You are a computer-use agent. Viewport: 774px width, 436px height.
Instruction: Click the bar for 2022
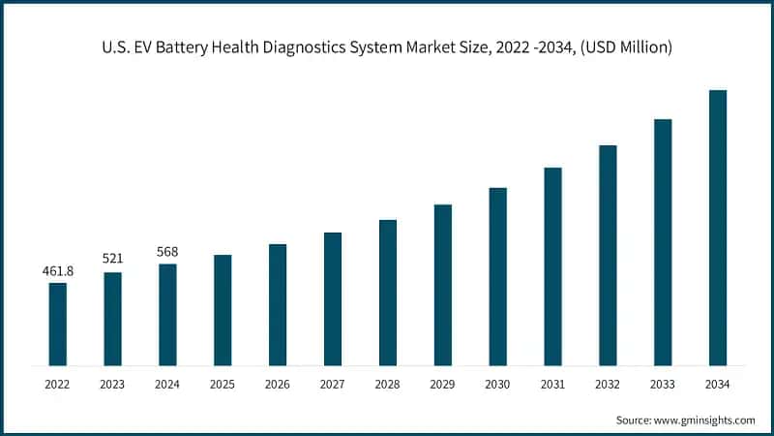[x=58, y=324]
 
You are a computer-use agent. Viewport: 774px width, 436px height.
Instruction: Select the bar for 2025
[x=223, y=310]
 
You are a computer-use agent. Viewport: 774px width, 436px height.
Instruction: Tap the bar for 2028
[x=388, y=293]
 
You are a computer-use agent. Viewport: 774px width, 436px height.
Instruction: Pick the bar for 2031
[x=552, y=266]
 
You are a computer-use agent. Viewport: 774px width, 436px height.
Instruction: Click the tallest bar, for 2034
[x=718, y=228]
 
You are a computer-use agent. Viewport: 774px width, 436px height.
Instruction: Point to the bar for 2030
[x=497, y=276]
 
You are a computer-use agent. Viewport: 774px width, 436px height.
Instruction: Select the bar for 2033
[x=663, y=242]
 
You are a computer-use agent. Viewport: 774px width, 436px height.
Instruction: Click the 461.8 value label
[x=58, y=270]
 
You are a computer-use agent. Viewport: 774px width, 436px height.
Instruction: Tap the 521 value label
[x=113, y=260]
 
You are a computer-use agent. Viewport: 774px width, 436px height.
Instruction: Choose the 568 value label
[x=167, y=252]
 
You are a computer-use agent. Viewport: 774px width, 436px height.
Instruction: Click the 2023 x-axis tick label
[x=113, y=385]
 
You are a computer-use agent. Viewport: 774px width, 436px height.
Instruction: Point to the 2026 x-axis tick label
[x=278, y=385]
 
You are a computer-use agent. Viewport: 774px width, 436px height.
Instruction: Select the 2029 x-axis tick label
[x=442, y=385]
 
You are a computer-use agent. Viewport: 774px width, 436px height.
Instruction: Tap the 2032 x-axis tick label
[x=608, y=385]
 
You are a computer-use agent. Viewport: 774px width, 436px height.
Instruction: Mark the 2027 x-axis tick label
[x=333, y=385]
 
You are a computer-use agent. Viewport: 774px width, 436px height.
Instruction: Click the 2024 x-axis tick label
[x=167, y=385]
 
